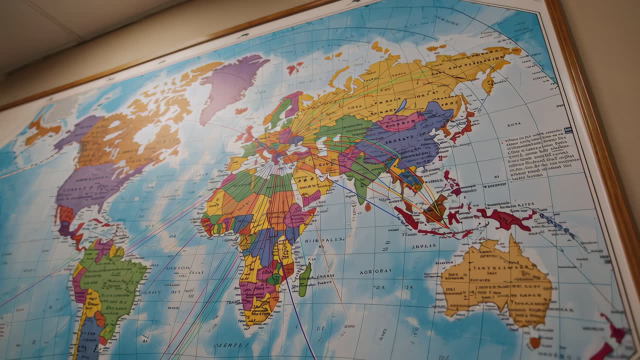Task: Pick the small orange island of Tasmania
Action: point(534,342)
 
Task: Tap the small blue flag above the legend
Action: point(567,130)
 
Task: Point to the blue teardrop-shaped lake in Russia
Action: point(401,105)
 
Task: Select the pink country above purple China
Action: point(400,121)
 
